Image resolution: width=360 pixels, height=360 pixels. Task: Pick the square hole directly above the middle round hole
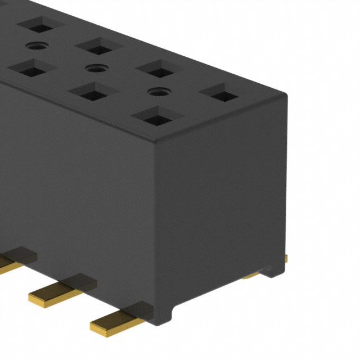click(98, 47)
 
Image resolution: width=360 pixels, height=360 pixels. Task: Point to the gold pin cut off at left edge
click(6, 263)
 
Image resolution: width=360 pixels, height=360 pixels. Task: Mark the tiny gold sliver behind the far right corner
click(286, 258)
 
